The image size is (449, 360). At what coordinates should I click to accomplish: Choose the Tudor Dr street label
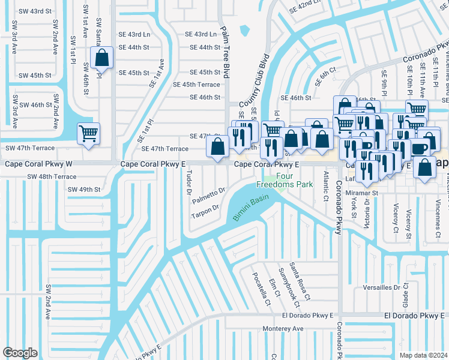pyautogui.click(x=188, y=183)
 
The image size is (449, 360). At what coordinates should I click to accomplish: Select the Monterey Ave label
pyautogui.click(x=283, y=329)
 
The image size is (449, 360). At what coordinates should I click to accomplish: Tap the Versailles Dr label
pyautogui.click(x=382, y=287)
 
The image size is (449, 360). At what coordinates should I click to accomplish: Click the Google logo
pyautogui.click(x=20, y=353)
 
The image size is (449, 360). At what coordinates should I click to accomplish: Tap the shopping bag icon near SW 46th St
pyautogui.click(x=102, y=59)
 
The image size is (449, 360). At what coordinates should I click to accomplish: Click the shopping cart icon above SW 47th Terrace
pyautogui.click(x=88, y=133)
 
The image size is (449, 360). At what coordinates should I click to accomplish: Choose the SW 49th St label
pyautogui.click(x=83, y=190)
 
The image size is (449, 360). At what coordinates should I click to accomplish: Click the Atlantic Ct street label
pyautogui.click(x=326, y=186)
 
